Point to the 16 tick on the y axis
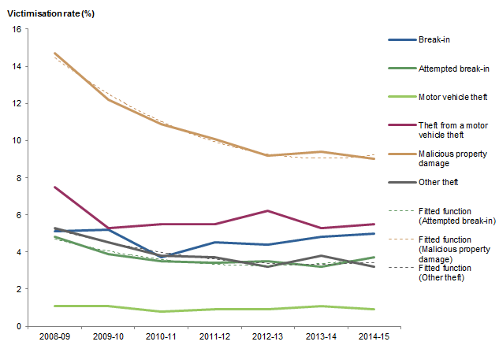point(17,29)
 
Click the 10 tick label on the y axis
point(17,140)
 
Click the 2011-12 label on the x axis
point(216,337)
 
